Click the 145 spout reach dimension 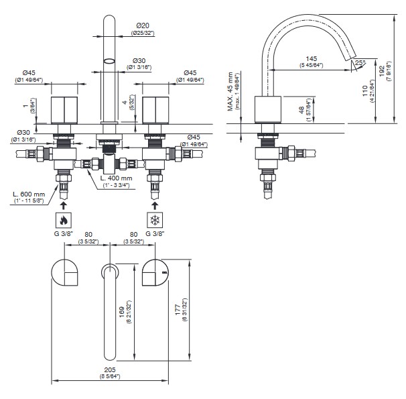[310, 60]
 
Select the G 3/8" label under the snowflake [155, 234]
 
